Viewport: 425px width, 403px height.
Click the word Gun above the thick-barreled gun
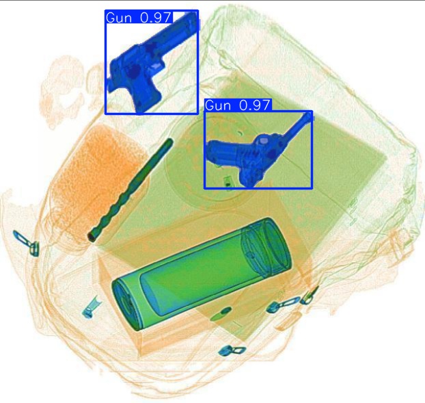(120, 18)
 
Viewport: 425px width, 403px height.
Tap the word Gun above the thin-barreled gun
(218, 105)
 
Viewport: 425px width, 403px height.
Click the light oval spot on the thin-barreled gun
(262, 142)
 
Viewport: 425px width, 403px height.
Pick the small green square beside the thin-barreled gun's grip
(227, 181)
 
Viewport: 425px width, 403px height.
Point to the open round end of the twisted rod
(92, 237)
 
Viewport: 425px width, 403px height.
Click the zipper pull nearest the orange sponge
(25, 242)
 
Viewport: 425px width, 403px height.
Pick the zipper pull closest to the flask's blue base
(90, 309)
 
